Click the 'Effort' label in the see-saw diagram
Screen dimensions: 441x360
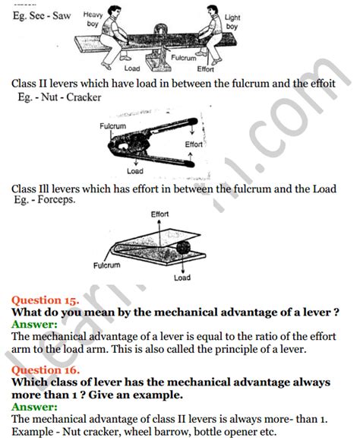[206, 68]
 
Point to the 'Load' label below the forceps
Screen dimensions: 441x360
[182, 278]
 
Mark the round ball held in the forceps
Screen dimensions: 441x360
[186, 247]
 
